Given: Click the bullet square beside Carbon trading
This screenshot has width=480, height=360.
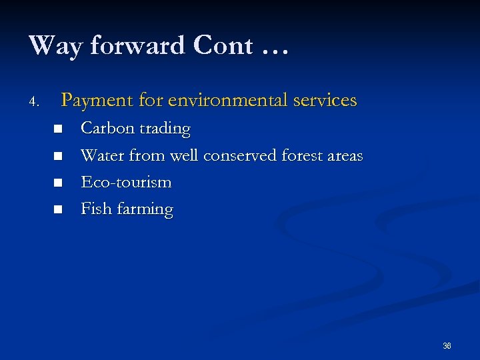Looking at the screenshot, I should (59, 129).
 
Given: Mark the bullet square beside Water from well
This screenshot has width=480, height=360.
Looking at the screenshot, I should (59, 156).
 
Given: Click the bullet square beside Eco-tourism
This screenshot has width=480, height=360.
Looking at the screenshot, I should (59, 183).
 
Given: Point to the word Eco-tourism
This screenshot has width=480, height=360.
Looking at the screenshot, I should (126, 182).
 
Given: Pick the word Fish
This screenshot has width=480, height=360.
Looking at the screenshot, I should (96, 209).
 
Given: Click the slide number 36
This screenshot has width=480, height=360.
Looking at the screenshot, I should (447, 346).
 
